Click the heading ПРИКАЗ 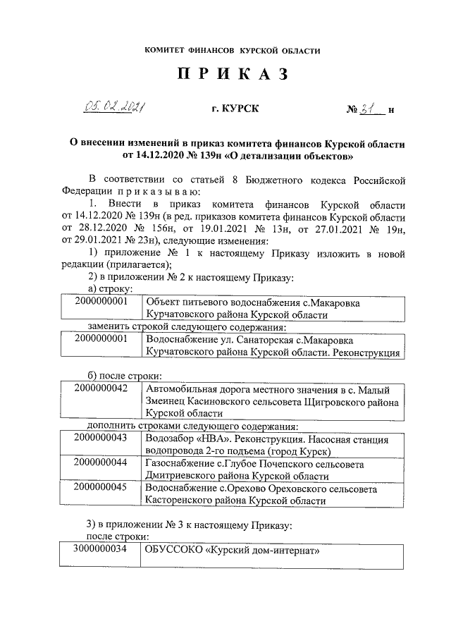[233, 75]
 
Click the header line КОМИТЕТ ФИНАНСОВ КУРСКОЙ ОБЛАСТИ [233, 51]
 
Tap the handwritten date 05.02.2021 [114, 106]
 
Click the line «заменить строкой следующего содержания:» [187, 327]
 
